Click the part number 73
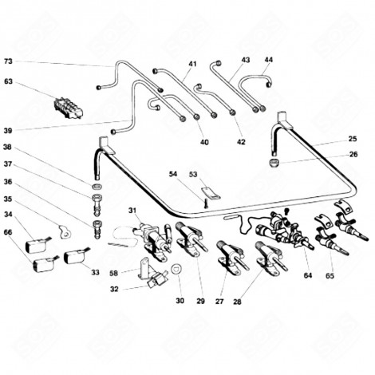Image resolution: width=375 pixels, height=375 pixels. click(8, 61)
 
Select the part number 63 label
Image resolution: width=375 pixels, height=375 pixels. click(8, 81)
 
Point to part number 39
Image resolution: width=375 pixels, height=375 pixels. click(8, 130)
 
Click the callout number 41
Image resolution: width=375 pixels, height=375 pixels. click(192, 63)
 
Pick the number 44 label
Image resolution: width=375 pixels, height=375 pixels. click(268, 60)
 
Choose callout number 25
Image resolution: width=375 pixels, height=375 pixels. click(353, 140)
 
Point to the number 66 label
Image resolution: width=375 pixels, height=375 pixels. click(8, 232)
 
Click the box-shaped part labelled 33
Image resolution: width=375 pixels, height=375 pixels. click(77, 258)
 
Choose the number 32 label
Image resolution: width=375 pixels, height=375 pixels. click(116, 290)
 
